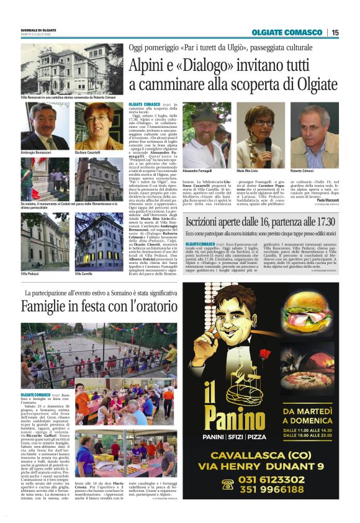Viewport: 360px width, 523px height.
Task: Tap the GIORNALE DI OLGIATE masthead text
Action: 38,30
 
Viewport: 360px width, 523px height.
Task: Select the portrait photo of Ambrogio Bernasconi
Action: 45,126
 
